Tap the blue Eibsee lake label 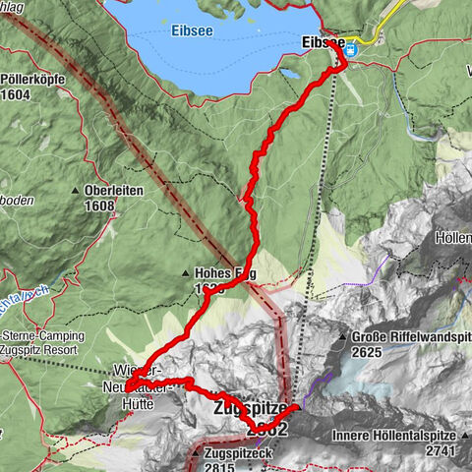tap(192, 30)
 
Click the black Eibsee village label tap(322, 43)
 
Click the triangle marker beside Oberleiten tap(76, 192)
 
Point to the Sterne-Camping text tap(43, 335)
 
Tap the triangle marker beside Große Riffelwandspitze tap(342, 336)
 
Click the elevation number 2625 tap(368, 351)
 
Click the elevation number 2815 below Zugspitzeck tap(223, 468)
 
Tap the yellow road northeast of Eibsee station tap(391, 15)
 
